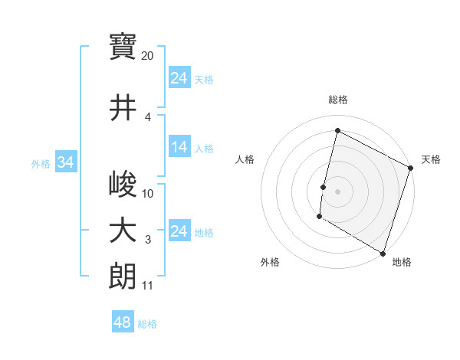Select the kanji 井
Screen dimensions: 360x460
tap(123, 107)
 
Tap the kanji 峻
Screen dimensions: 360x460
tap(123, 184)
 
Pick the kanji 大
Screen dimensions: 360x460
tap(123, 231)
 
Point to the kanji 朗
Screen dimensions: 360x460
tap(123, 276)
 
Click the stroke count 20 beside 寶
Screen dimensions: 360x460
tap(148, 56)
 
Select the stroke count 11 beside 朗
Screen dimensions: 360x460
tap(147, 286)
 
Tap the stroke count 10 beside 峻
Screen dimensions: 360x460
tap(148, 194)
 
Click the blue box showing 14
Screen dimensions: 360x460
tap(179, 148)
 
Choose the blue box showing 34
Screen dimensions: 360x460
tap(65, 162)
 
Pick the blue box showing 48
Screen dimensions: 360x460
tap(123, 322)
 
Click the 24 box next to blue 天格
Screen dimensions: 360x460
tap(179, 78)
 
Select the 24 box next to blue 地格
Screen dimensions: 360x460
tap(179, 231)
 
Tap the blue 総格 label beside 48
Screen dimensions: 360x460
tap(148, 324)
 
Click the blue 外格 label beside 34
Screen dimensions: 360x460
tap(41, 163)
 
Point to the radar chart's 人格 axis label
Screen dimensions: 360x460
tap(245, 159)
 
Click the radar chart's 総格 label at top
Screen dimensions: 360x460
tap(338, 100)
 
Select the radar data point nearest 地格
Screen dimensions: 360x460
tap(383, 253)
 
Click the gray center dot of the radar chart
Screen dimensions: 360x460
tap(337, 191)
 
